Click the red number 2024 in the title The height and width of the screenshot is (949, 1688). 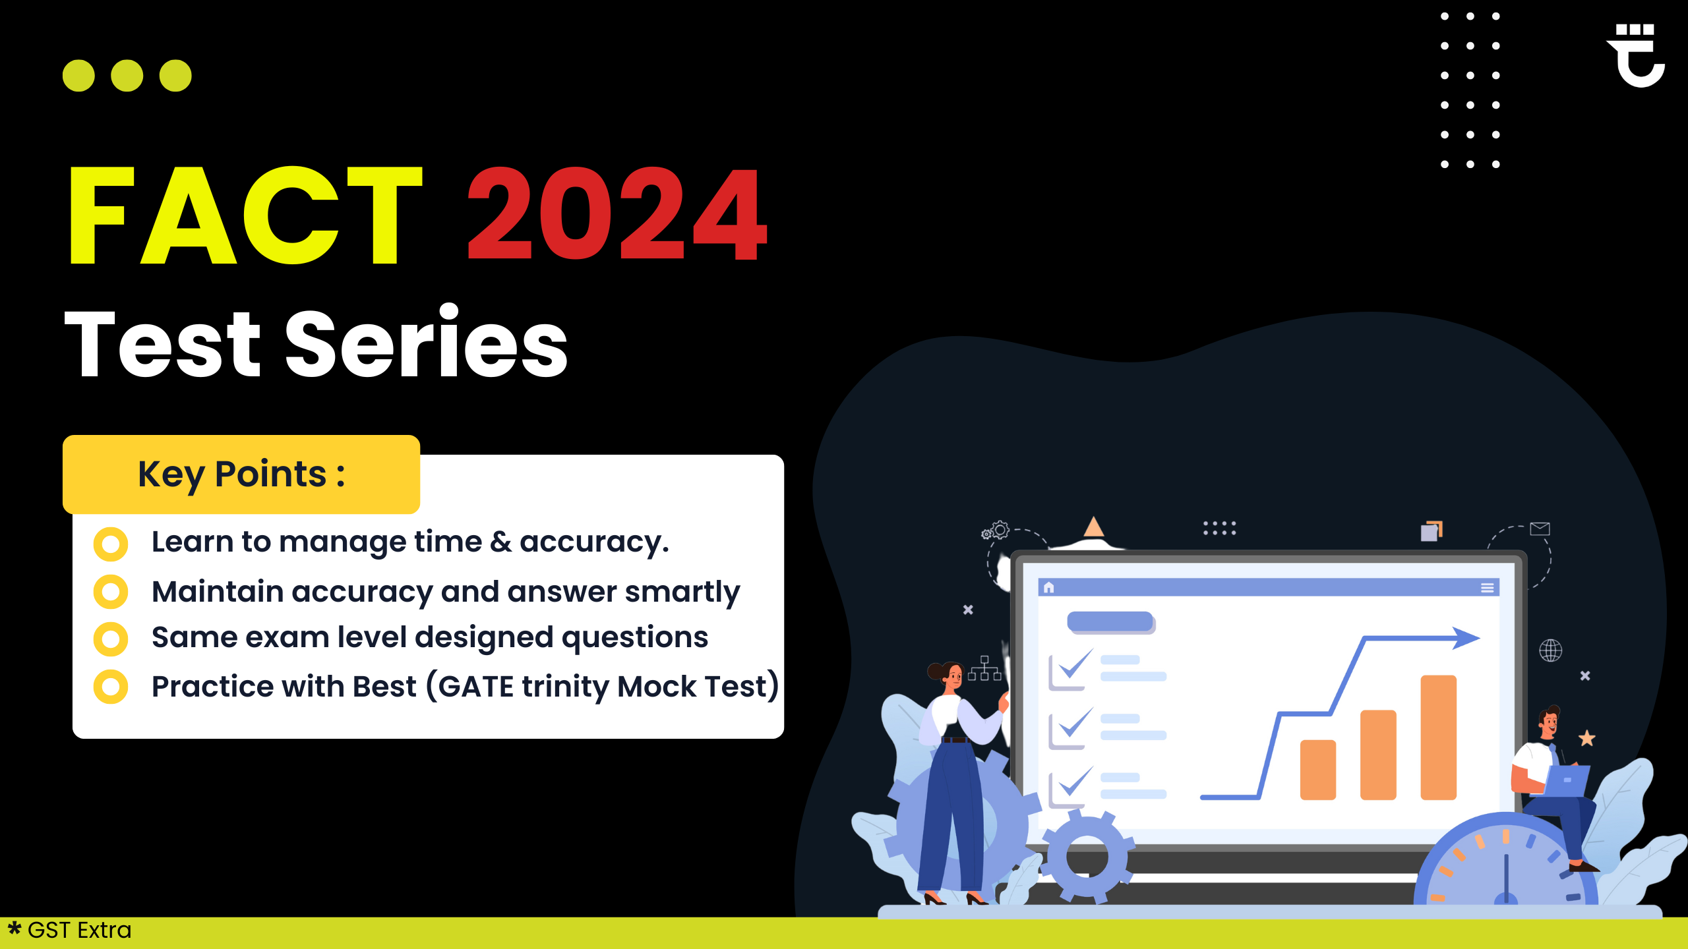(x=617, y=214)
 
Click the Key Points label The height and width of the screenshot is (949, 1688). (x=241, y=474)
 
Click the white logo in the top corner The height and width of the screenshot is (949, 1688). (x=1637, y=55)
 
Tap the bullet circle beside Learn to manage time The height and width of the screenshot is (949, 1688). (x=111, y=544)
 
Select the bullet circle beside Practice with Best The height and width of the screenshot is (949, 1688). (x=111, y=687)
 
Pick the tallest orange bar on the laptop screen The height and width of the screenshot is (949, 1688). (x=1439, y=737)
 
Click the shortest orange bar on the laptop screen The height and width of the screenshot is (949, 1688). (x=1318, y=770)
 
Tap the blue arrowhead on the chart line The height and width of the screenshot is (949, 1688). (x=1466, y=638)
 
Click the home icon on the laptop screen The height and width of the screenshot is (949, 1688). (x=1048, y=587)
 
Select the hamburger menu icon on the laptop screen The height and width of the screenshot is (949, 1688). (x=1488, y=588)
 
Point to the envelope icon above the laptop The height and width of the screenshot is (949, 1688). (x=1540, y=529)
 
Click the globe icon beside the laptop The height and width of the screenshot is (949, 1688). (x=1551, y=650)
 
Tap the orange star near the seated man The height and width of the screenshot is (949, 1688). (x=1587, y=738)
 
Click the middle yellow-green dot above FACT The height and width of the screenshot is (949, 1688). (x=127, y=76)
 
